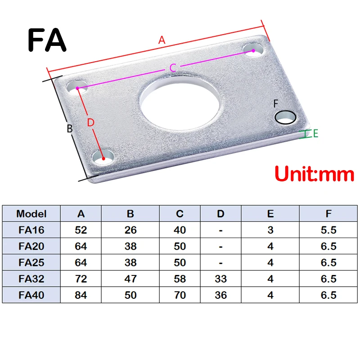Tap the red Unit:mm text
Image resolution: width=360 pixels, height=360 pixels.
(x=314, y=174)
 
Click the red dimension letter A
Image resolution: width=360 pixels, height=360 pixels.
(x=162, y=40)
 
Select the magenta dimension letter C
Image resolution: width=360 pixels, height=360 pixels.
(x=172, y=68)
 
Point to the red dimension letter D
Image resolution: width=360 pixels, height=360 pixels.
(x=90, y=122)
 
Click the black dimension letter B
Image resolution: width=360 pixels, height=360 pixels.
(x=70, y=129)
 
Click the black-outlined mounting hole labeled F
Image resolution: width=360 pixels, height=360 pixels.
(x=286, y=117)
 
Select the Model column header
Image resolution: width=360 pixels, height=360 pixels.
(x=31, y=214)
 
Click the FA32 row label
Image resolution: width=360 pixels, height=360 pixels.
(x=31, y=279)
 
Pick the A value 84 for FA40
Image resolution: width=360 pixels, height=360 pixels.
(x=81, y=295)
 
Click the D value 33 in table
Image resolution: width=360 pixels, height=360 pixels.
(x=220, y=279)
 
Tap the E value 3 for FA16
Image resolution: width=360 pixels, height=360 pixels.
(x=270, y=230)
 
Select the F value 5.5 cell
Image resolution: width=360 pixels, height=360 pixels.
(x=328, y=230)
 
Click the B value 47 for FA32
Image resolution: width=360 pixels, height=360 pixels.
(x=130, y=279)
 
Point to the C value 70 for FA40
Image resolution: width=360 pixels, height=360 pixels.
(x=180, y=295)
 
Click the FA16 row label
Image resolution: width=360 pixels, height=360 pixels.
(x=31, y=230)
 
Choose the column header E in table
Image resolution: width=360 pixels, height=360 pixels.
(x=270, y=214)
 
